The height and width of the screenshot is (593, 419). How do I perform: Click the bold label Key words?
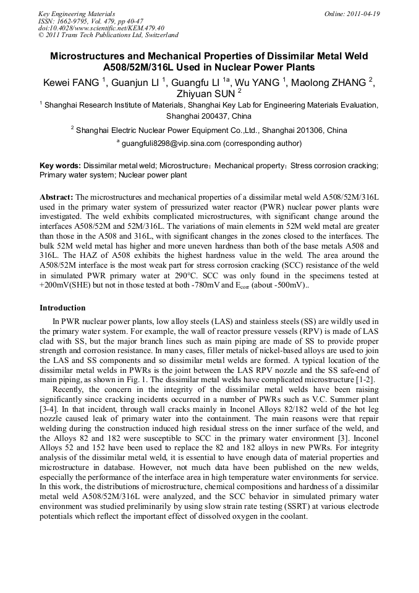tap(60, 166)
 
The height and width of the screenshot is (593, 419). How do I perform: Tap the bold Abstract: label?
tap(56, 197)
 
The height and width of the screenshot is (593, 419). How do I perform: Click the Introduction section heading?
tap(62, 307)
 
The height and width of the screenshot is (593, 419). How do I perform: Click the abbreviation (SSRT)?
tap(256, 508)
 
